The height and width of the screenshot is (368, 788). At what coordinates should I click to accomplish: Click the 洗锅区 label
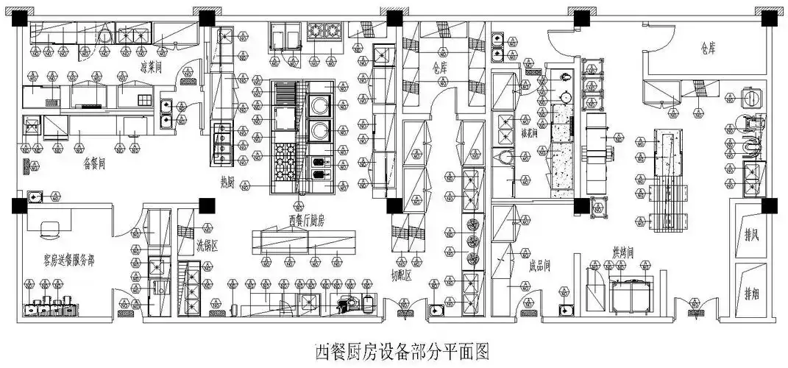(x=207, y=247)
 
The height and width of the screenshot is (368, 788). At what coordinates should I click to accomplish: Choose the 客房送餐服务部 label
(x=59, y=260)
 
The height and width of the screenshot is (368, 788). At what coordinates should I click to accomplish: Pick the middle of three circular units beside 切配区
(x=471, y=241)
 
